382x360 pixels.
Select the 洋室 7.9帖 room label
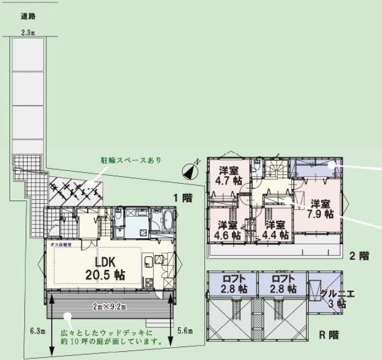pyautogui.click(x=320, y=208)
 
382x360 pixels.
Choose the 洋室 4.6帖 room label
pyautogui.click(x=229, y=230)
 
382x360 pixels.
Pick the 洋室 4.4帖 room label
pyautogui.click(x=276, y=230)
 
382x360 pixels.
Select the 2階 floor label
pyautogui.click(x=359, y=255)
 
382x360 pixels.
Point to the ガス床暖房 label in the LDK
pyautogui.click(x=61, y=246)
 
